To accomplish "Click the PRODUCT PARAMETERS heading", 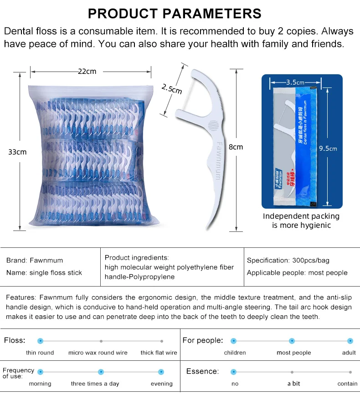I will (x=175, y=13).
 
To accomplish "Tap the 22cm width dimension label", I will (x=87, y=71).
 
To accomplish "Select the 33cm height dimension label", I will (x=17, y=152).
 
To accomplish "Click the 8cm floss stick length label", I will (x=236, y=147).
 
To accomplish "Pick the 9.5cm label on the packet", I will (x=328, y=148).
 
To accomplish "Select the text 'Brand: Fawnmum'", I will (x=35, y=261).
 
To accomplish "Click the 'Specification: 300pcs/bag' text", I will (x=288, y=261).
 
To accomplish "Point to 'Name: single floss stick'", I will (x=44, y=272).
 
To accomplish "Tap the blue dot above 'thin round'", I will (x=40, y=341).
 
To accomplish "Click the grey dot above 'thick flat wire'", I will (x=161, y=341).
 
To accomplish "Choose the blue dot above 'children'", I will (x=234, y=341).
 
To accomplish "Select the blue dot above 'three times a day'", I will (x=101, y=372).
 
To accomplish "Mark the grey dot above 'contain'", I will (x=350, y=372).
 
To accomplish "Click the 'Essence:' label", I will (x=202, y=371).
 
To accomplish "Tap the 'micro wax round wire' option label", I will (x=98, y=353).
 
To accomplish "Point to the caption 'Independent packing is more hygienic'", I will (x=301, y=221).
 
